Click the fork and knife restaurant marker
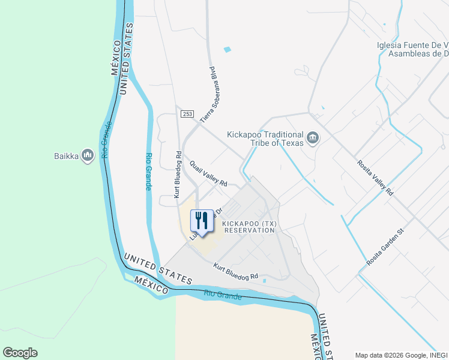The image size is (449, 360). click(202, 220)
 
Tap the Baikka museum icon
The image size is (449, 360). click(88, 156)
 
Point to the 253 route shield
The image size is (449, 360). click(188, 113)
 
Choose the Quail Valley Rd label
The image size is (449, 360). click(208, 174)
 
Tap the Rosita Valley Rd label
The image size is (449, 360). click(375, 178)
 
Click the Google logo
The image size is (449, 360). click(20, 352)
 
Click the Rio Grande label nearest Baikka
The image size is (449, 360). click(106, 140)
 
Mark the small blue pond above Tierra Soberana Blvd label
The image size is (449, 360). click(228, 49)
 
